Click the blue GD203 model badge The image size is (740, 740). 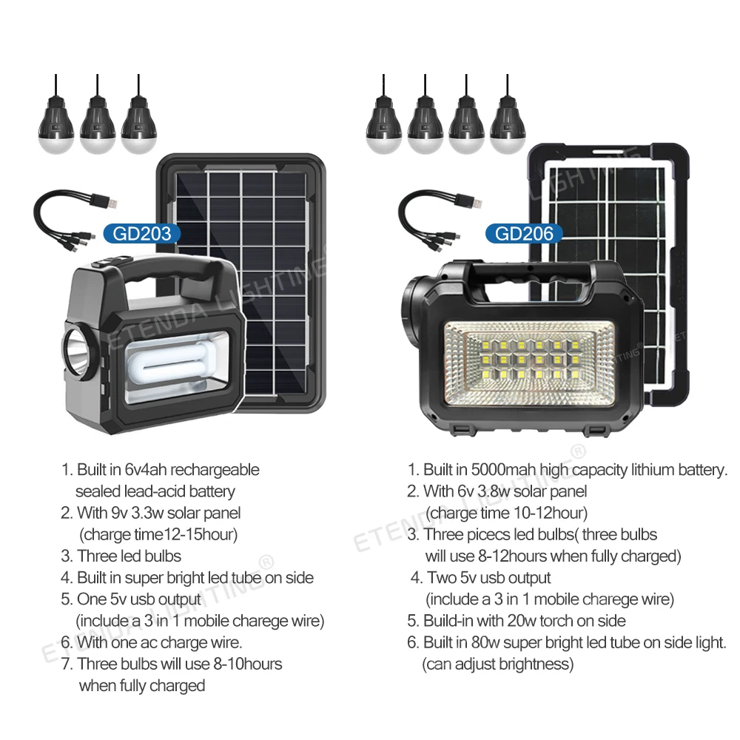(142, 234)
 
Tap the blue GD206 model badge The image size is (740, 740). (524, 234)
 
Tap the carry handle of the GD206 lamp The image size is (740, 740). (522, 275)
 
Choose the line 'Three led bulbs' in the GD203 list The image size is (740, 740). (129, 556)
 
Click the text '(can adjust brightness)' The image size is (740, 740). (497, 664)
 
